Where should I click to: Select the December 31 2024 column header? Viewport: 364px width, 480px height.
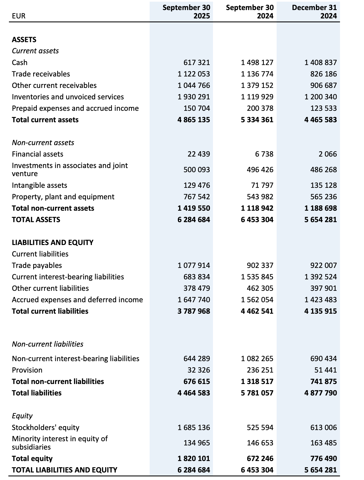pyautogui.click(x=314, y=12)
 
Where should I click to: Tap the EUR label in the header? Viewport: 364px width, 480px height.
pyautogui.click(x=19, y=16)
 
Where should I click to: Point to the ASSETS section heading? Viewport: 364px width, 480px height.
pyautogui.click(x=24, y=40)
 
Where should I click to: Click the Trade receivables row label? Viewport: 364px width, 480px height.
pyautogui.click(x=41, y=74)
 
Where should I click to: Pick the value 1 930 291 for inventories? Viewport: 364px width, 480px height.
pyautogui.click(x=194, y=97)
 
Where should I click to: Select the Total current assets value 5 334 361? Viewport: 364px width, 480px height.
pyautogui.click(x=257, y=120)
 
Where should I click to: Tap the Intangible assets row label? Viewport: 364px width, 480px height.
pyautogui.click(x=39, y=185)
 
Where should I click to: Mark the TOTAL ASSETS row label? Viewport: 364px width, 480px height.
pyautogui.click(x=36, y=220)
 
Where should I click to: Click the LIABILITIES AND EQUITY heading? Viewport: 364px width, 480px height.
pyautogui.click(x=52, y=243)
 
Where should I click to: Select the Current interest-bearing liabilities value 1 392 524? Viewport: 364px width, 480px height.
pyautogui.click(x=320, y=277)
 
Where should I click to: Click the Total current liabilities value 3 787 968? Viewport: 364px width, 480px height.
pyautogui.click(x=194, y=311)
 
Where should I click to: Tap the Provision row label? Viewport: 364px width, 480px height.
pyautogui.click(x=27, y=370)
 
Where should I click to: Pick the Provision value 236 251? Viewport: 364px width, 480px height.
pyautogui.click(x=260, y=370)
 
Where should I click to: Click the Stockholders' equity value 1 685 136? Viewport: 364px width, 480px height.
pyautogui.click(x=194, y=428)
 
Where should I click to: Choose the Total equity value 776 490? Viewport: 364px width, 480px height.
pyautogui.click(x=323, y=459)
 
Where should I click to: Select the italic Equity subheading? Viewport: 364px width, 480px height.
pyautogui.click(x=22, y=416)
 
